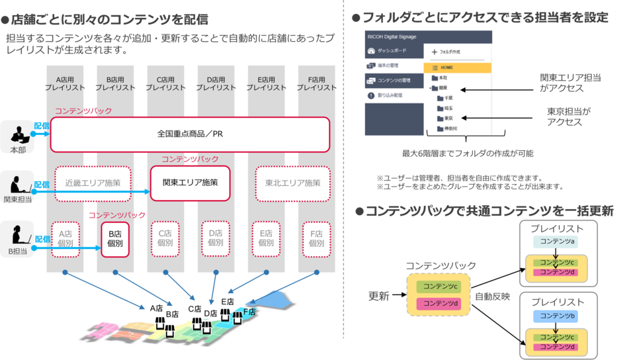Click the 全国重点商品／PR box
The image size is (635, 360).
(x=189, y=134)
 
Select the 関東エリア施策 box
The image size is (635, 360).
(x=190, y=182)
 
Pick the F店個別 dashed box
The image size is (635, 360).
(x=316, y=238)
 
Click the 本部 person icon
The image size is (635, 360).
(x=17, y=134)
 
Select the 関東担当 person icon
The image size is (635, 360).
(x=16, y=183)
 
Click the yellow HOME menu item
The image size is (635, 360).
(x=456, y=67)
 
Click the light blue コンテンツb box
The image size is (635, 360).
(x=557, y=316)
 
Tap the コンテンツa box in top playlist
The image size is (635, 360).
(x=557, y=242)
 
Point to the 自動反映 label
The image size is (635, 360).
(x=492, y=297)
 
